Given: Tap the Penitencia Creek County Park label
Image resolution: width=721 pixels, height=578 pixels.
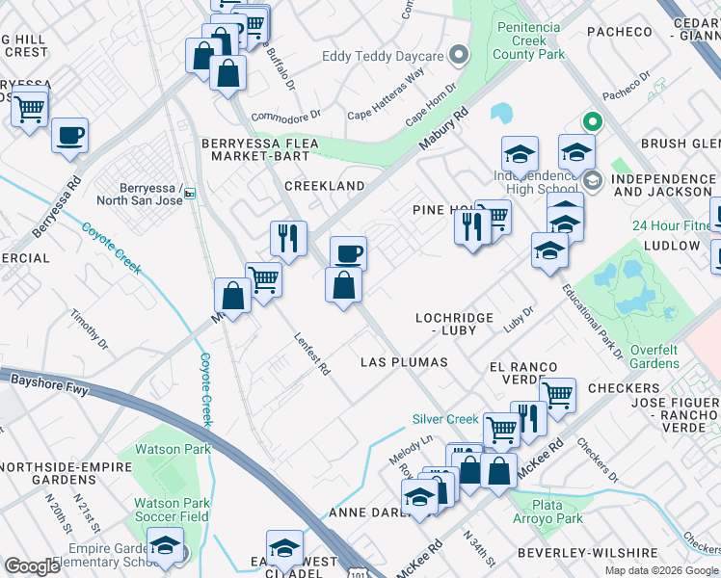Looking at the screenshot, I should (x=528, y=40).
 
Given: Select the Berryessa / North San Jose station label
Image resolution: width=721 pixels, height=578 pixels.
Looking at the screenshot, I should (x=140, y=194).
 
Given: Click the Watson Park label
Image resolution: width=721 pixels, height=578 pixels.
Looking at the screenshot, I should (x=173, y=449).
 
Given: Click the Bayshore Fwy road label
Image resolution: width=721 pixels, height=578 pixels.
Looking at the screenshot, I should (x=43, y=381).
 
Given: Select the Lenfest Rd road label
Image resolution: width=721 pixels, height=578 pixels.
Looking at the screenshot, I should (x=312, y=355).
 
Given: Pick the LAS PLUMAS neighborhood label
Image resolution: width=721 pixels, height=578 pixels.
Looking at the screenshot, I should (x=404, y=362).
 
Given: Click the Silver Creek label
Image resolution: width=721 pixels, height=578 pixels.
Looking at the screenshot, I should (x=445, y=419).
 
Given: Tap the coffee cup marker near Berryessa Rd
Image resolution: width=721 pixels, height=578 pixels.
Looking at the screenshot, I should (x=69, y=136).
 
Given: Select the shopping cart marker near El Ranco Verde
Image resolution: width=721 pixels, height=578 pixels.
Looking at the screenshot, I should (x=557, y=394).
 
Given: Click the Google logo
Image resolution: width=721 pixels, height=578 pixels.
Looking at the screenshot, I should (x=32, y=566).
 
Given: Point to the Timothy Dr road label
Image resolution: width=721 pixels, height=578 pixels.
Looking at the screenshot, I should (x=91, y=328).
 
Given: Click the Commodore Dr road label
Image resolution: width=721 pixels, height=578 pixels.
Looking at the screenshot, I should (x=284, y=118).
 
